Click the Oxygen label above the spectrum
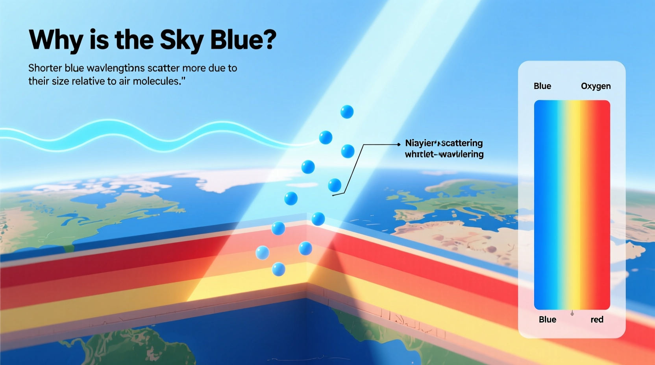[596, 86]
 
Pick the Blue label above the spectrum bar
[542, 86]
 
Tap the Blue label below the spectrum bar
[547, 319]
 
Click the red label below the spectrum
[597, 319]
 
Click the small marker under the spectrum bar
[572, 313]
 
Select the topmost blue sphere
[347, 112]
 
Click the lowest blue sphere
[278, 269]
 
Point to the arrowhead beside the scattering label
[399, 144]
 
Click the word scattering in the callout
[462, 143]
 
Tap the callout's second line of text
[444, 154]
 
